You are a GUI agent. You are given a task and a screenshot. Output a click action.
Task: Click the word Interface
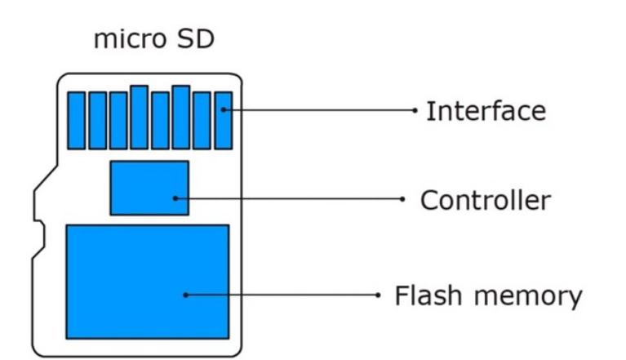486,110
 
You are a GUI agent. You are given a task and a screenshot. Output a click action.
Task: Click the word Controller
486,200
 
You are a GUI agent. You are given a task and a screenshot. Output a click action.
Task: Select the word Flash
427,295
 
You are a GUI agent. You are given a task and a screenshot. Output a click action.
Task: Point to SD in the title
195,38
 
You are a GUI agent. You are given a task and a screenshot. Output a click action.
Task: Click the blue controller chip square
149,188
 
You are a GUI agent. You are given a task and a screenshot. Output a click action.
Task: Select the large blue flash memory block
147,282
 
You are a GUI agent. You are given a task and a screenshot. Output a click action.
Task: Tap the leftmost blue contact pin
76,120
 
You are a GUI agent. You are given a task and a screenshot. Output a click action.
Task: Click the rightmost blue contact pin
223,120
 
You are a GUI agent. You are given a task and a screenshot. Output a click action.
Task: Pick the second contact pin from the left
97,120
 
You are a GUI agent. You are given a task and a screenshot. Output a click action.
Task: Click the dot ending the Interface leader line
415,109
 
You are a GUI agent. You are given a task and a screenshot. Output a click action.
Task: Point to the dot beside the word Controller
403,199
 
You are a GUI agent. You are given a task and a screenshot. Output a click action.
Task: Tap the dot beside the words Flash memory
378,295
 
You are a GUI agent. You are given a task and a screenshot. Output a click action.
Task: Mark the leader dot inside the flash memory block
185,295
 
